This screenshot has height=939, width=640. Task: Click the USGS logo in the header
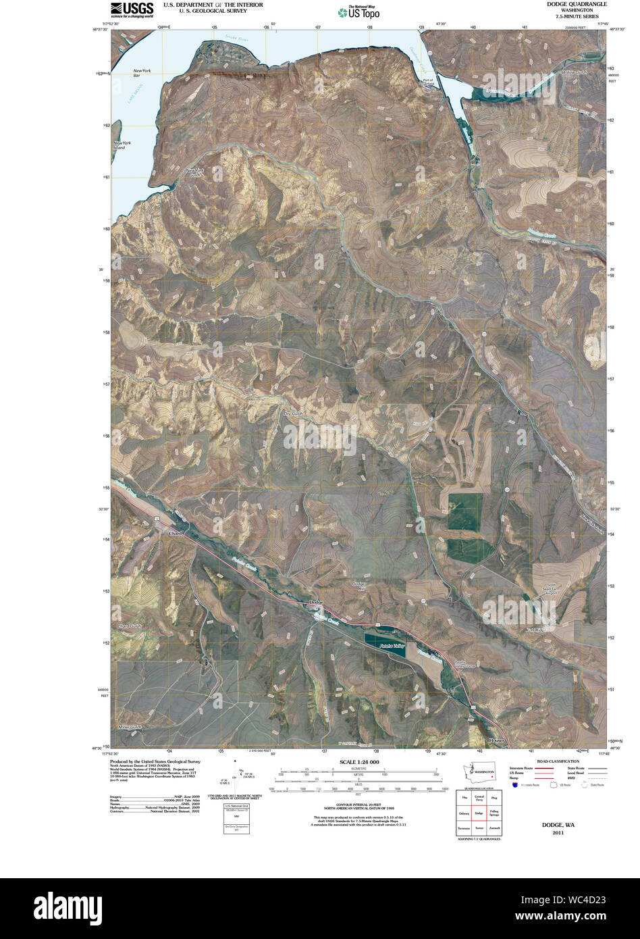click(132, 9)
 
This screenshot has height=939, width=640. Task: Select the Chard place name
click(174, 534)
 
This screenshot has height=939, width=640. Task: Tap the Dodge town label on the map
click(316, 602)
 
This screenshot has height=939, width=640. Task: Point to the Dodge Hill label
click(361, 586)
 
